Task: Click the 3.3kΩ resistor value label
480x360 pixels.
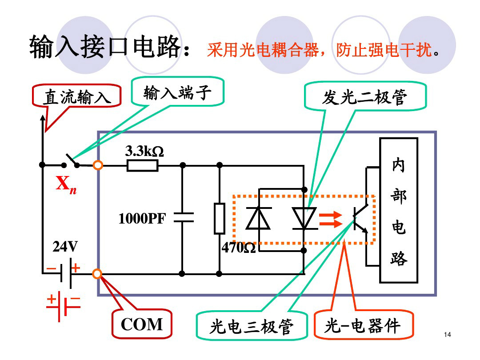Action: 144,152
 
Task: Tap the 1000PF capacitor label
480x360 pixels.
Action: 142,218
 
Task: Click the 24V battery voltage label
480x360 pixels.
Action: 65,247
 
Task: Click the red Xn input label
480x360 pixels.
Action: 66,185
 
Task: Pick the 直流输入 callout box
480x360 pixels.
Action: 76,97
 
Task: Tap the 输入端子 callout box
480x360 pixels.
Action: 176,93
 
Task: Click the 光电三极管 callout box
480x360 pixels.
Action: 252,327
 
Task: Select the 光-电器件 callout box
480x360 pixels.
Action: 363,326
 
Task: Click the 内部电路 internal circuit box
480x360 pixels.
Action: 398,210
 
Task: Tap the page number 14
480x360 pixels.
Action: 447,334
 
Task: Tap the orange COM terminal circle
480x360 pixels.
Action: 97,274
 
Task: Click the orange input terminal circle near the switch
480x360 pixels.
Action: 98,165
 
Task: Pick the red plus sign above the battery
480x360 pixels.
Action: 76,268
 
